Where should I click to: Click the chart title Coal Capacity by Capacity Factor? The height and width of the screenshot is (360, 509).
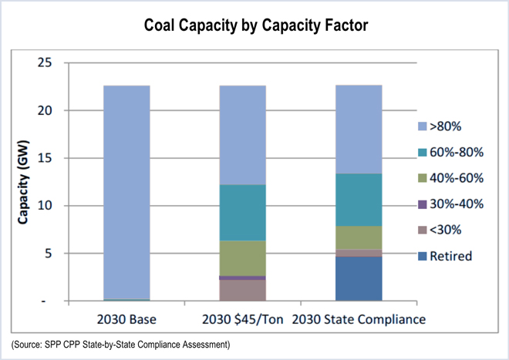[x=254, y=25]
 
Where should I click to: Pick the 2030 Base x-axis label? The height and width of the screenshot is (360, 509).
[x=126, y=319]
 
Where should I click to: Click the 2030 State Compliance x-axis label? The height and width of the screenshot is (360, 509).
[x=359, y=319]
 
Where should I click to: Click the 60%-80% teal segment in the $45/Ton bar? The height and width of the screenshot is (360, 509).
[x=242, y=213]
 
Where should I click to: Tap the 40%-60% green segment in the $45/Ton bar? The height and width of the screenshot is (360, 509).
[x=242, y=257]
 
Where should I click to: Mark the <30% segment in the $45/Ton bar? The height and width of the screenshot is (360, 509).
[x=242, y=290]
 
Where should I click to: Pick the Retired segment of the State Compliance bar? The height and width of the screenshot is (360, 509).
[x=359, y=278]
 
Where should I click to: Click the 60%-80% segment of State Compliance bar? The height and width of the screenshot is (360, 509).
[x=359, y=200]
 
